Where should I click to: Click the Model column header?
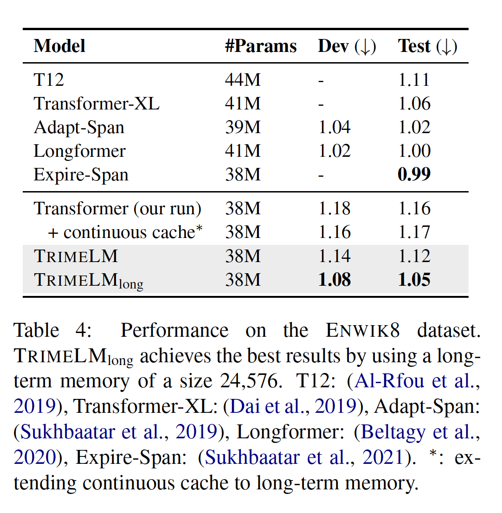tap(59, 46)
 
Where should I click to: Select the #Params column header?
tap(261, 46)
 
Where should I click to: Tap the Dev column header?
tap(347, 46)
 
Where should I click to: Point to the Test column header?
tap(427, 46)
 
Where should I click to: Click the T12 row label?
tap(49, 80)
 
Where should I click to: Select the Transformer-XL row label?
tap(97, 103)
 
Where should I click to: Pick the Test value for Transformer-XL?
tap(414, 103)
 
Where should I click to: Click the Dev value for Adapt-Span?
tap(335, 128)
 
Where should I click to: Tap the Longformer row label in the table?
tap(80, 151)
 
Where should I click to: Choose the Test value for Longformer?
tap(414, 151)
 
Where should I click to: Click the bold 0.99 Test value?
tap(414, 175)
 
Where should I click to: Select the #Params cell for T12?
tap(243, 80)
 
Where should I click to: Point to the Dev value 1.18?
tap(335, 209)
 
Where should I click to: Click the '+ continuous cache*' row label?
tap(125, 232)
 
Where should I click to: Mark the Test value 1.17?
tap(414, 232)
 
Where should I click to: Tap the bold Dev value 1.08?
tap(335, 280)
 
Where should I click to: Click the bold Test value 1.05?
tap(414, 280)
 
